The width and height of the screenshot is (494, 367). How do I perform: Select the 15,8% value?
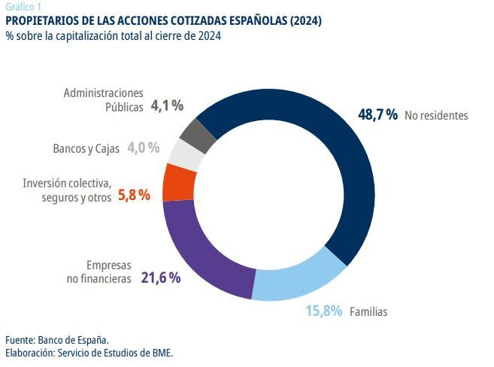[x=324, y=310]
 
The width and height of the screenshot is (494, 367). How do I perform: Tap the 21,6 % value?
[x=161, y=278]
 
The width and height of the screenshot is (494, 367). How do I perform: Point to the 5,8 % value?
[x=135, y=195]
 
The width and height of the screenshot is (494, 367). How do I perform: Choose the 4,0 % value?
[x=143, y=147]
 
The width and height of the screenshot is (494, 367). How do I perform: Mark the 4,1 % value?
[x=167, y=106]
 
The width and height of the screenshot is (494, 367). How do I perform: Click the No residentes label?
[x=436, y=116]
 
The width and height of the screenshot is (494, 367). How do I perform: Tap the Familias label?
[x=368, y=311]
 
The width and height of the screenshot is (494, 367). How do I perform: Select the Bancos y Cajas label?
[x=86, y=148]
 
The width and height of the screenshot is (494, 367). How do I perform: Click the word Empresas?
[x=108, y=265]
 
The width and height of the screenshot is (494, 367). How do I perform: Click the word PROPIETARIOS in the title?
[x=42, y=20]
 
